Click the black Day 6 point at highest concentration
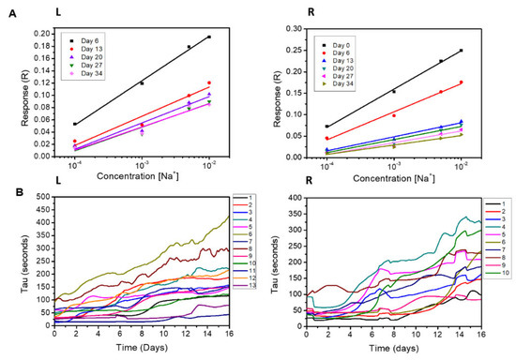click(x=209, y=37)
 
